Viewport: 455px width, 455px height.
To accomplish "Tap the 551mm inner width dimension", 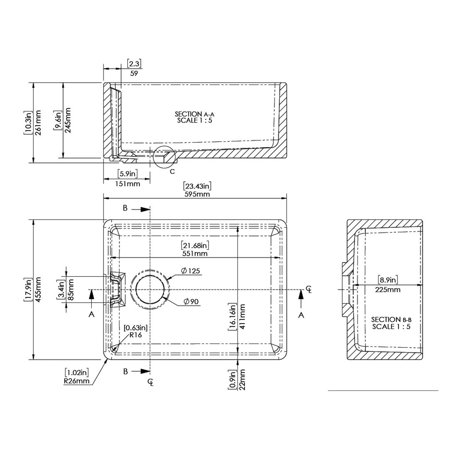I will pyautogui.click(x=195, y=253).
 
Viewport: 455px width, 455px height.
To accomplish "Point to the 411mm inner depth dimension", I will pyautogui.click(x=242, y=316).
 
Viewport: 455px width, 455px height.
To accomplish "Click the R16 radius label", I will pyautogui.click(x=135, y=335).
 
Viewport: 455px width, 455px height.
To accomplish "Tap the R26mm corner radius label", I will pyautogui.click(x=77, y=381).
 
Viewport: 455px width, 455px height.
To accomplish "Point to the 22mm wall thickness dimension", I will pyautogui.click(x=242, y=379).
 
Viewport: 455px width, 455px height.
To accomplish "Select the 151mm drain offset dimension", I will pyautogui.click(x=127, y=184).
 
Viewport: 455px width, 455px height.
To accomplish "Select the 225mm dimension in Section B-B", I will pyautogui.click(x=388, y=289).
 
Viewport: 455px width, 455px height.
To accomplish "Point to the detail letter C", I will pyautogui.click(x=172, y=172).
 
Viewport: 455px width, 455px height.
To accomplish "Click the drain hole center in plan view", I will pyautogui.click(x=150, y=290).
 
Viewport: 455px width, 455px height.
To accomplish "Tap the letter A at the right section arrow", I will pyautogui.click(x=301, y=315).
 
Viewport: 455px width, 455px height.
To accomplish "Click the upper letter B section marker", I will pyautogui.click(x=125, y=208).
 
